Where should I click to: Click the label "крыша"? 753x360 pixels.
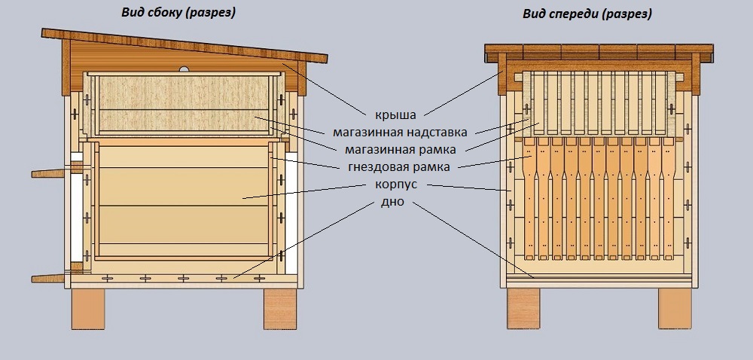[x=396, y=115]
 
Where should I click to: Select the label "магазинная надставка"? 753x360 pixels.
[x=400, y=132]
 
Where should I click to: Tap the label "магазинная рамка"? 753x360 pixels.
[x=400, y=150]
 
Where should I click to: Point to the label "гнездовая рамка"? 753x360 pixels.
[x=398, y=167]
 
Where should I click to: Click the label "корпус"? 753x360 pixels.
[x=396, y=185]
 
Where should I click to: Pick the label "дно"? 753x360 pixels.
[x=392, y=202]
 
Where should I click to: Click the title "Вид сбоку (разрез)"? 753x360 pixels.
[x=178, y=13]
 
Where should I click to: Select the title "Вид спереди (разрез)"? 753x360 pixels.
[x=587, y=14]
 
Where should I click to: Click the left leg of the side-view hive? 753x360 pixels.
[x=88, y=309]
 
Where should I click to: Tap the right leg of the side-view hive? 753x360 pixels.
[x=280, y=309]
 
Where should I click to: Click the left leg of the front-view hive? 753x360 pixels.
[x=523, y=309]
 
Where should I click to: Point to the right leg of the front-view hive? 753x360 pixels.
[x=675, y=309]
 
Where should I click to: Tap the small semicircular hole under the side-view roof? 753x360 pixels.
[x=184, y=69]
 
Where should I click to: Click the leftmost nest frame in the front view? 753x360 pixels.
[x=529, y=199]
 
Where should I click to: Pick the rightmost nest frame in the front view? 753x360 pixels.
[x=668, y=199]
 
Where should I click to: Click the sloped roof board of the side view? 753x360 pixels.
[x=184, y=46]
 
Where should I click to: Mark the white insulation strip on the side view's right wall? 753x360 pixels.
[x=291, y=213]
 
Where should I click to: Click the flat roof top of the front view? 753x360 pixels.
[x=599, y=51]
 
